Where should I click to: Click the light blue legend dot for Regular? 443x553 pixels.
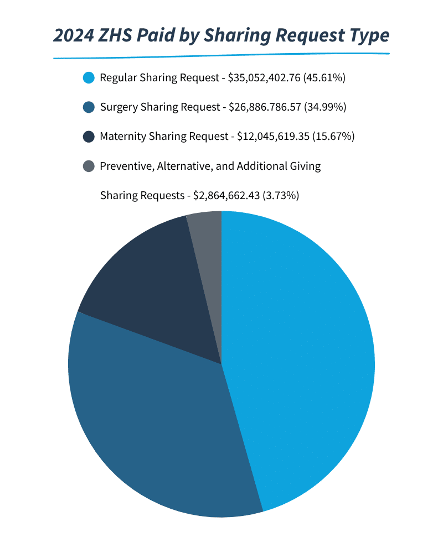coord(88,78)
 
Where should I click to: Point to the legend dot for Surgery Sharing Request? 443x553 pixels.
coord(88,107)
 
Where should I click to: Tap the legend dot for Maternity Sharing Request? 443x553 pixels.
coord(88,137)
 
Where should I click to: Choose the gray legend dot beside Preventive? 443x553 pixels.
coord(88,166)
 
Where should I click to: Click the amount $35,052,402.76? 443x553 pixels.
coord(264,78)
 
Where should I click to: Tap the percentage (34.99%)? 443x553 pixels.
coord(326,107)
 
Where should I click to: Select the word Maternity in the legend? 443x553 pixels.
coord(123,137)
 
